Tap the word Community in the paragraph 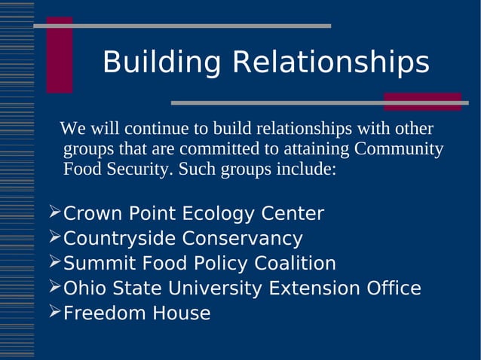399,148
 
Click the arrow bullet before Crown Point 54,212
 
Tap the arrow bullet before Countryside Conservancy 54,237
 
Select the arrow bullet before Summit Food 54,262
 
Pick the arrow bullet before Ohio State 54,287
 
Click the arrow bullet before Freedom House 54,312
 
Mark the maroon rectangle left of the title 60,55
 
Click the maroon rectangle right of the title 422,102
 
